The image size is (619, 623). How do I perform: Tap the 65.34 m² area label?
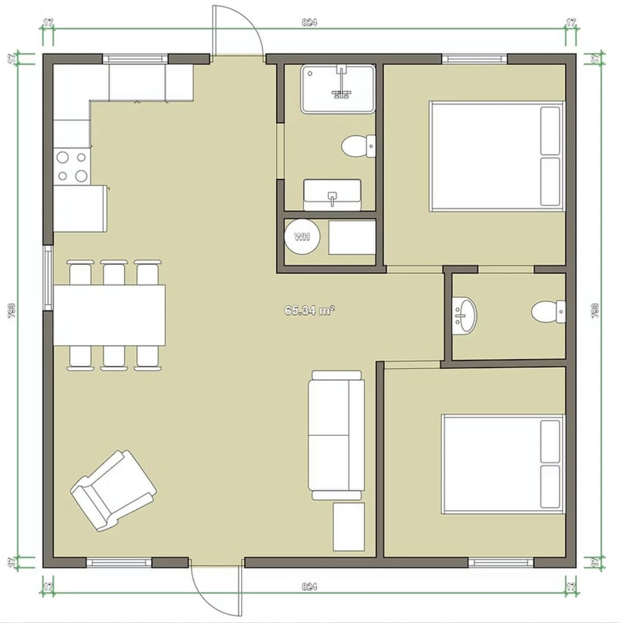pyautogui.click(x=309, y=310)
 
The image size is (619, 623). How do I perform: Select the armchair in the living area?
pyautogui.click(x=112, y=490)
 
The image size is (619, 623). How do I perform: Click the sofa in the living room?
pyautogui.click(x=335, y=435)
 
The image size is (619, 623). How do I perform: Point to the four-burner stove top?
pyautogui.click(x=72, y=166)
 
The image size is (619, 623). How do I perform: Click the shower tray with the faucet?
pyautogui.click(x=337, y=89)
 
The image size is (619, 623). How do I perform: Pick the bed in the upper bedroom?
pyautogui.click(x=496, y=156)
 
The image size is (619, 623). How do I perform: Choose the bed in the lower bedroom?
pyautogui.click(x=502, y=464)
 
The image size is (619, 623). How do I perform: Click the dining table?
pyautogui.click(x=109, y=315)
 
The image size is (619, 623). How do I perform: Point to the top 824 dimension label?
pyautogui.click(x=309, y=22)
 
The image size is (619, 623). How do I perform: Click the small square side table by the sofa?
pyautogui.click(x=349, y=527)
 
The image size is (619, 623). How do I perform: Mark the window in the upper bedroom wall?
pyautogui.click(x=475, y=59)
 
